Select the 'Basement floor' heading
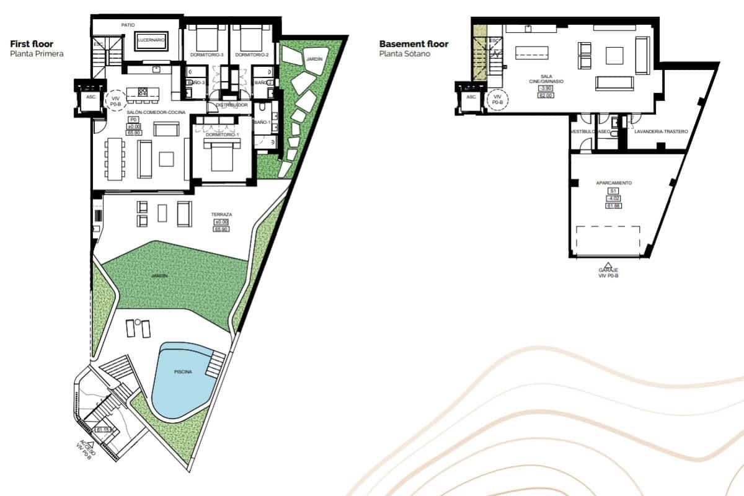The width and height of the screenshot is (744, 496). click(x=414, y=44)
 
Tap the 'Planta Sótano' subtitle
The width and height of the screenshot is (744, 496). click(x=404, y=54)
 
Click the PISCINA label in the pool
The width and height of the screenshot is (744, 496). click(x=183, y=371)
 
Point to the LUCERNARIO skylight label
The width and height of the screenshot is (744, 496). click(x=151, y=40)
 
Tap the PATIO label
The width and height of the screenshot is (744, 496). click(x=128, y=25)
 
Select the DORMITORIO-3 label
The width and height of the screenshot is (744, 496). click(x=205, y=55)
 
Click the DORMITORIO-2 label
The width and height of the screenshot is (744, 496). click(x=252, y=55)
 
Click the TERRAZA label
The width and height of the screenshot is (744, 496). click(x=221, y=215)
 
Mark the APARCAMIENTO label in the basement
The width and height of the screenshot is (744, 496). click(x=614, y=184)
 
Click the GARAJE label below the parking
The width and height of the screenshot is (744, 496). click(x=608, y=270)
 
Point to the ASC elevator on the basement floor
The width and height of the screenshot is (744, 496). click(x=471, y=97)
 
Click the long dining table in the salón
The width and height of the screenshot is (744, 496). click(x=114, y=159)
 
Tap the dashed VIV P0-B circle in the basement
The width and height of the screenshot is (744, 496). click(x=497, y=99)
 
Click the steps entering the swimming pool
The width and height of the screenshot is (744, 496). click(x=215, y=365)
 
